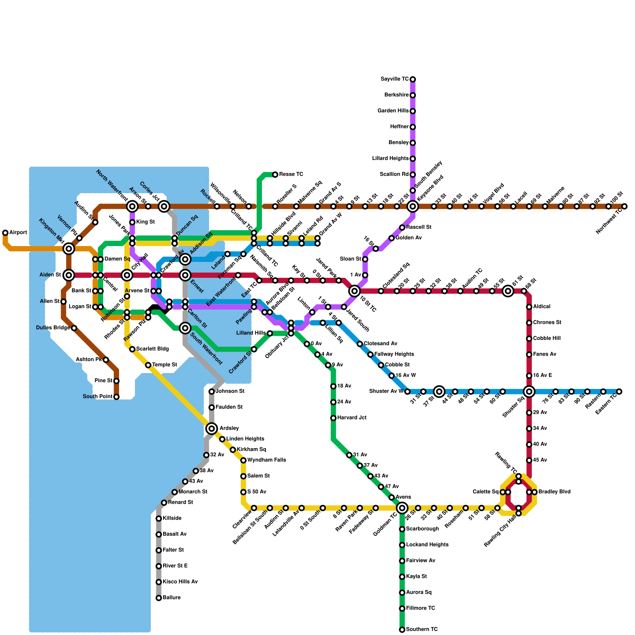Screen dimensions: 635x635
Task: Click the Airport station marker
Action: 5,233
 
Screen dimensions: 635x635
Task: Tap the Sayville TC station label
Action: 394,79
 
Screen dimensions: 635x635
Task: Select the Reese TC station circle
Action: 275,175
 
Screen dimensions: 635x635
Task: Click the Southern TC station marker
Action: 402,629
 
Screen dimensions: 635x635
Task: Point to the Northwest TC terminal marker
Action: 624,206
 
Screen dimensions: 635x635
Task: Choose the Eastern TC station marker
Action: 619,392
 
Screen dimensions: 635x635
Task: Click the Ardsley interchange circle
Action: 212,429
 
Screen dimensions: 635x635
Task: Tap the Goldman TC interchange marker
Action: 402,508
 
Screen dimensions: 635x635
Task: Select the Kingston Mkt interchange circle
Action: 69,249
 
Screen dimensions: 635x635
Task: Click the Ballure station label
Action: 171,598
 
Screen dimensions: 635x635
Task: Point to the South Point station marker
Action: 116,397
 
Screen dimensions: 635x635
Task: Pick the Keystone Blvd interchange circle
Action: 413,206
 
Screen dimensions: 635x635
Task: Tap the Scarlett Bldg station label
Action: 152,349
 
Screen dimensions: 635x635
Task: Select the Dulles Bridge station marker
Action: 74,328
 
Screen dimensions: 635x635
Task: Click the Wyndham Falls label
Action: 266,460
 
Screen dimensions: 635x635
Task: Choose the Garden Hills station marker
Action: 413,111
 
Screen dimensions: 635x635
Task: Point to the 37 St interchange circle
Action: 439,392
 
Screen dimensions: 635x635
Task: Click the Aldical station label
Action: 542,307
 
